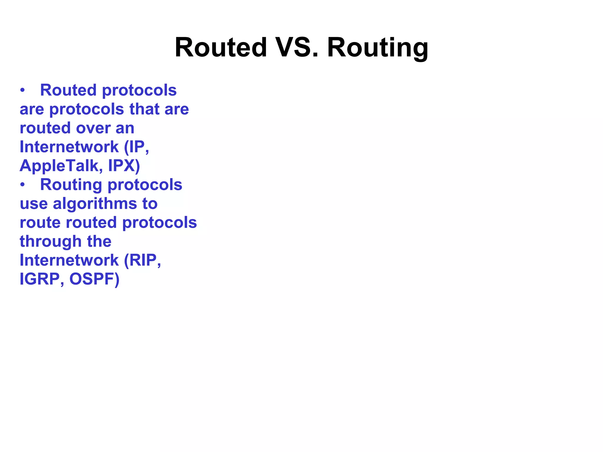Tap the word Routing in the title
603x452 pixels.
(378, 48)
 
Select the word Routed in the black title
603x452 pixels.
(221, 48)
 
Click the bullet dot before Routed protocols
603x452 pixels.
(22, 90)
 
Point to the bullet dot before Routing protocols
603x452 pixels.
(22, 185)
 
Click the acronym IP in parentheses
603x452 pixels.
(137, 147)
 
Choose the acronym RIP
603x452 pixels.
(143, 260)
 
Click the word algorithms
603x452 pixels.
(95, 204)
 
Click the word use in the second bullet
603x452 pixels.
(34, 204)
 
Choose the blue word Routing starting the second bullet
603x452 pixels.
(71, 185)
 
